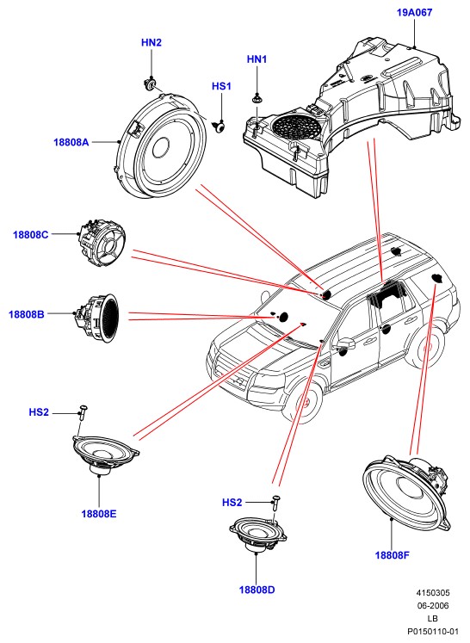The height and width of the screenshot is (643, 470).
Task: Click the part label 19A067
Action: tap(414, 12)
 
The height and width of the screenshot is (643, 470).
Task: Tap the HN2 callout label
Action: tap(152, 42)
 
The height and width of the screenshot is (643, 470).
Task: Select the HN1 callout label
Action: tap(257, 59)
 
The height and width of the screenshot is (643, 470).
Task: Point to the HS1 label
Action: tap(221, 86)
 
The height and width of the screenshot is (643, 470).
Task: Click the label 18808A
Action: tap(71, 142)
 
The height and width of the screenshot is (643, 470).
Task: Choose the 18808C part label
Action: tap(30, 235)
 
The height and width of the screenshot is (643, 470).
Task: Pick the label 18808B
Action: tap(26, 314)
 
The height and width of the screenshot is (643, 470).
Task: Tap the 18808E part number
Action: tap(99, 513)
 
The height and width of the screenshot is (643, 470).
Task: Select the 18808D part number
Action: tap(257, 590)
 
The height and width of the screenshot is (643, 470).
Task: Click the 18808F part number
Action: tap(393, 555)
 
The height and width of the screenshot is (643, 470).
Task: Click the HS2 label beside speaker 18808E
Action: tap(39, 412)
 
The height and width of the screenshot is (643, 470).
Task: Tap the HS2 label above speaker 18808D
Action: tap(232, 503)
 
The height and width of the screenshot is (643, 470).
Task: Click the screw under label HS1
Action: tap(220, 127)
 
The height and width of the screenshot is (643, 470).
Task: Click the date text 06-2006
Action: tap(433, 605)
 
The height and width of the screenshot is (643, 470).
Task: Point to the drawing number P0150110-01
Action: tap(433, 632)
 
